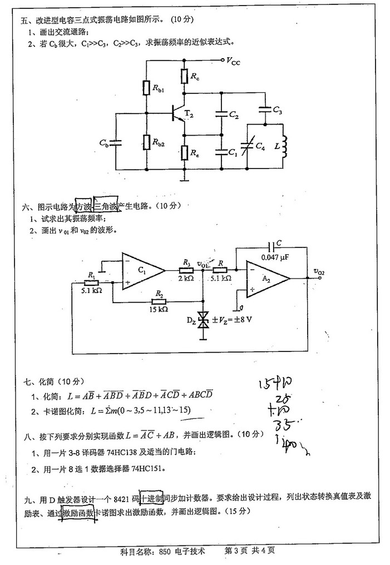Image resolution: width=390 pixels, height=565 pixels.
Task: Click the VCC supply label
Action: (233, 62)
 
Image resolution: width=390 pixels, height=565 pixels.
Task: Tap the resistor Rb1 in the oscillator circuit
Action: (146, 87)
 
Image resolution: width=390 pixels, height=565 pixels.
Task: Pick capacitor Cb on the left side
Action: (116, 142)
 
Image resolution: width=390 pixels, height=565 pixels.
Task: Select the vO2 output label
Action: (319, 271)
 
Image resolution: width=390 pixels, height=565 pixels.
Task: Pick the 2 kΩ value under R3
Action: (186, 278)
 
